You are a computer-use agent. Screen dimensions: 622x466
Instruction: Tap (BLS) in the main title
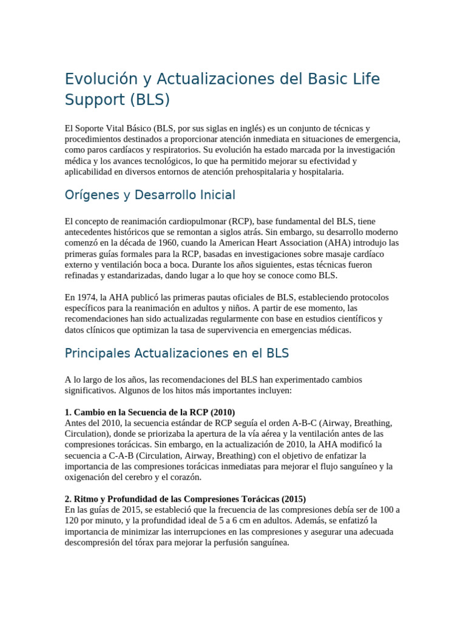tap(150, 100)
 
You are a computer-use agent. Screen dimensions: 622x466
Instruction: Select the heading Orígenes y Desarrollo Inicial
tap(150, 195)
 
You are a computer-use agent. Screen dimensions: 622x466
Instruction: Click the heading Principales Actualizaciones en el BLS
tap(177, 353)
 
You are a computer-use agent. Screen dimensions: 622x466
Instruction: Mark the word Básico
tap(134, 128)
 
